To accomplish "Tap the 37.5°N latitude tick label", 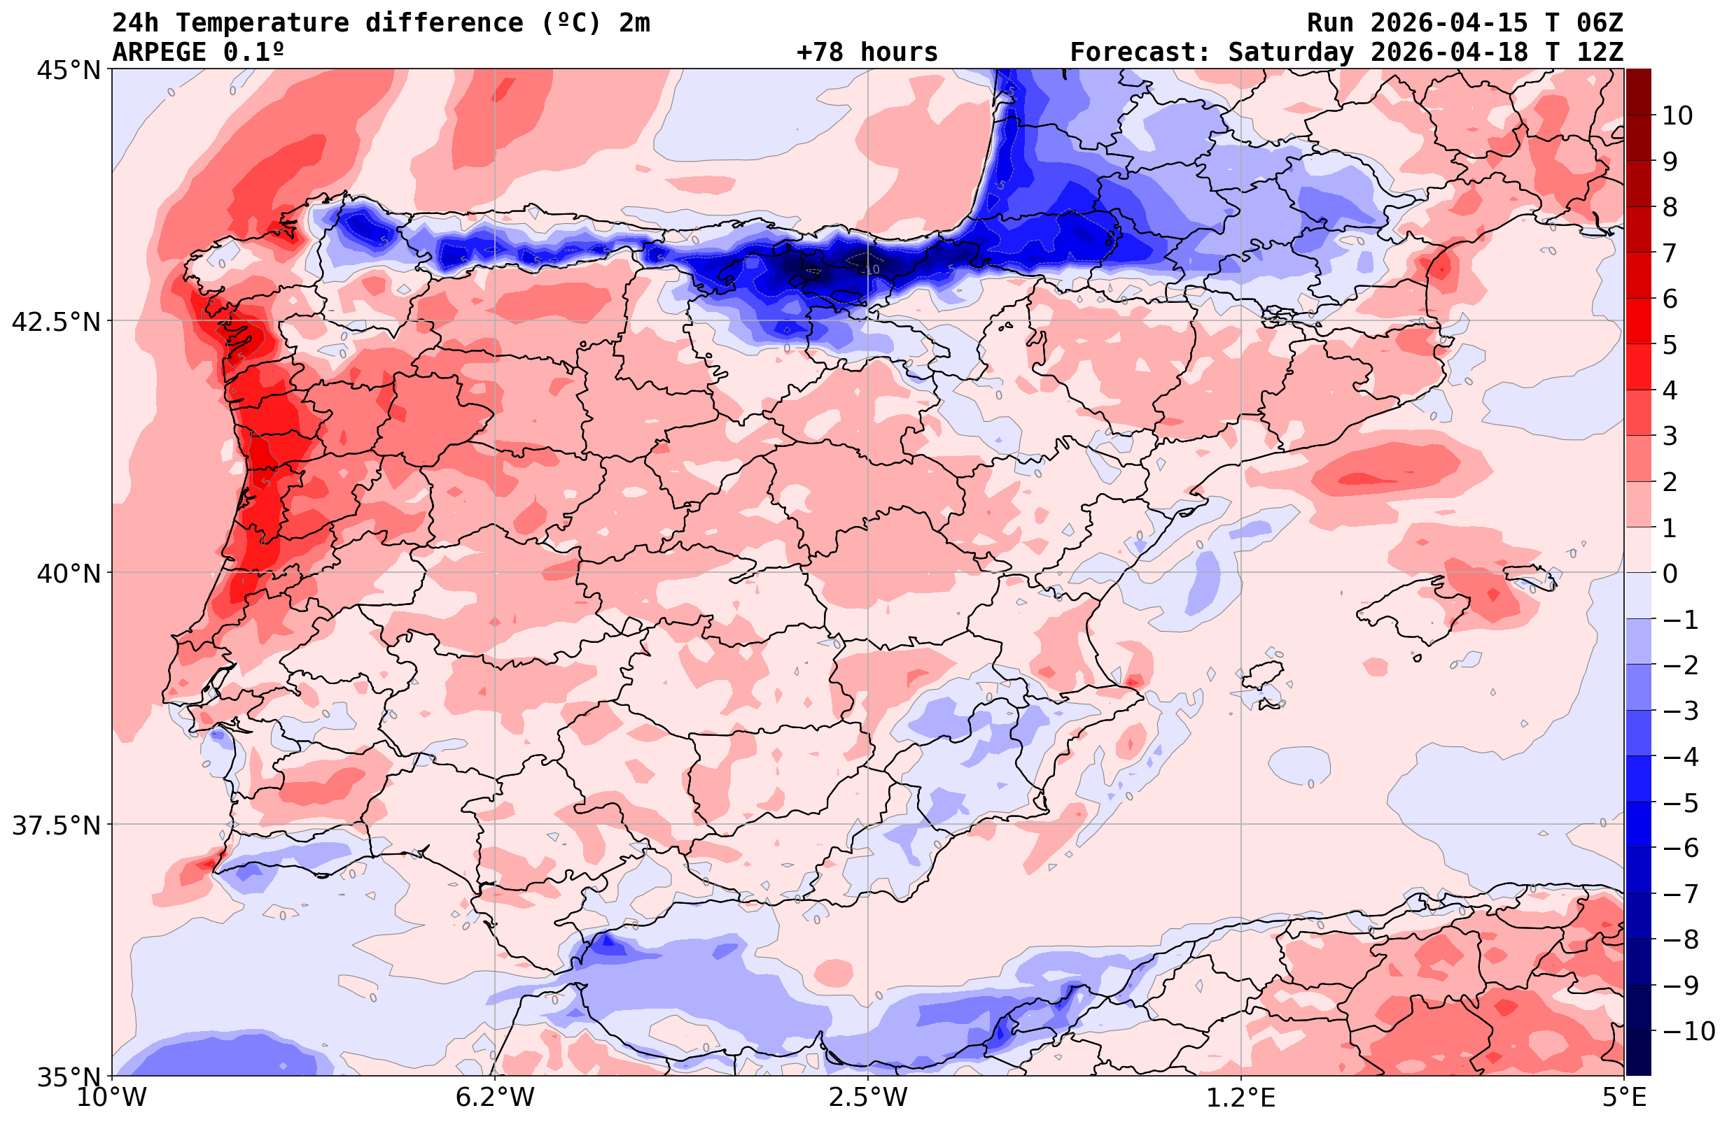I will coord(55,826).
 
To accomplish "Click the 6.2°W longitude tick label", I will coord(495,1098).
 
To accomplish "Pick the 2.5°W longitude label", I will coord(868,1098).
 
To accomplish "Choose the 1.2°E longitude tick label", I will coord(1241,1098).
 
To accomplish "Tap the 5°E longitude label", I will coord(1623,1098).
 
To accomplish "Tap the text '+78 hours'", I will coord(867,52).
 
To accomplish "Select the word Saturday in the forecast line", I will coord(1291,52).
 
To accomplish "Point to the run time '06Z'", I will coord(1600,23).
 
